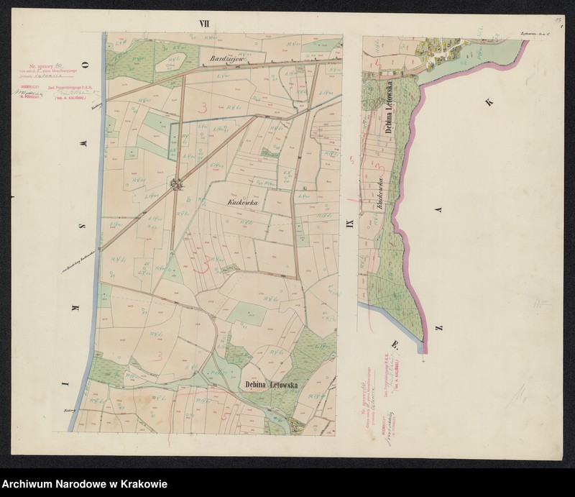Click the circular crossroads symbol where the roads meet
tap(175, 186)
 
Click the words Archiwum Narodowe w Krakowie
tap(85, 483)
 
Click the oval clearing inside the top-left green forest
tap(173, 60)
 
